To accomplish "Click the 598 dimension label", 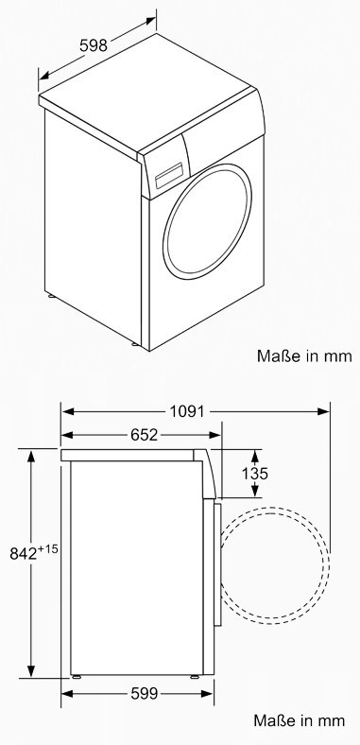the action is (x=94, y=45).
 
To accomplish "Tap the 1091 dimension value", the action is (x=187, y=411).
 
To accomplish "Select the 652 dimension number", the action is (x=144, y=435).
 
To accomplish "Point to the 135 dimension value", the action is (x=255, y=474).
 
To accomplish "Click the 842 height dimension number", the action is (x=24, y=553).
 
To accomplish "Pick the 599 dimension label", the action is (x=144, y=694).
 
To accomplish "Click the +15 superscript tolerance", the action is (x=48, y=548).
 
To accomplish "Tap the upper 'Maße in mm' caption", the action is (x=304, y=355).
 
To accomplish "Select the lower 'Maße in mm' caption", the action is (x=300, y=719).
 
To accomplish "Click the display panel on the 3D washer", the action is (x=169, y=175).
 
